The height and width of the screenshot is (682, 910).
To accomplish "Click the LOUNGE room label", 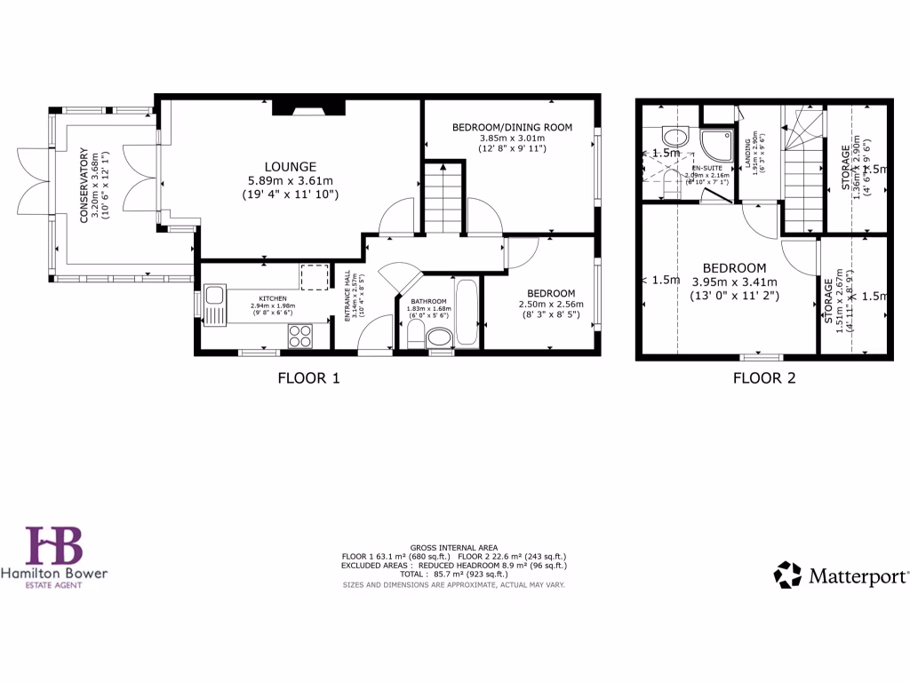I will (x=290, y=166).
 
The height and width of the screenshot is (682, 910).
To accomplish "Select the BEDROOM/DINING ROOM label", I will (x=512, y=127).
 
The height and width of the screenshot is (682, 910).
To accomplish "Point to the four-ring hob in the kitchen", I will (x=300, y=336).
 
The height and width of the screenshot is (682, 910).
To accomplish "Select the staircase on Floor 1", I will (x=442, y=200).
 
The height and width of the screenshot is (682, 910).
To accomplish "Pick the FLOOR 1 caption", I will (x=308, y=377).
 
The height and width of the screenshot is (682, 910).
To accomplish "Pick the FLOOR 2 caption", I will (x=763, y=377).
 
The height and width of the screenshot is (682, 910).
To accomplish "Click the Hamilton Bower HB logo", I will (x=54, y=546).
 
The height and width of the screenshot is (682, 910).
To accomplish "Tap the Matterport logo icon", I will (x=788, y=575).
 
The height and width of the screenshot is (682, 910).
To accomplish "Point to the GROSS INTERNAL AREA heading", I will (x=454, y=547).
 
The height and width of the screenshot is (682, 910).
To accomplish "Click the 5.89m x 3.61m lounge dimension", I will (x=290, y=180).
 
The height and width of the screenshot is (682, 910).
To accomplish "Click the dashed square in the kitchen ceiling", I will (x=314, y=277).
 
